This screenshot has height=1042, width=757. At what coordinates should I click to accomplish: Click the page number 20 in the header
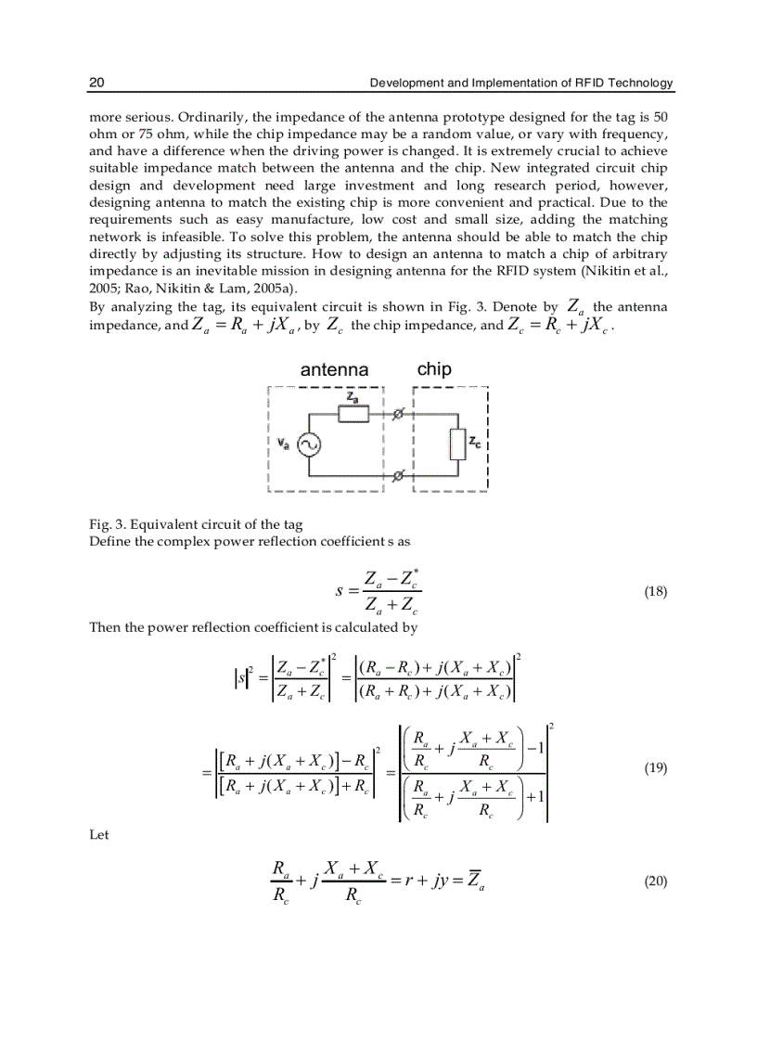pos(96,84)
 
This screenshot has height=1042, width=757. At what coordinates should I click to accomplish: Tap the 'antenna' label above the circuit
pos(334,370)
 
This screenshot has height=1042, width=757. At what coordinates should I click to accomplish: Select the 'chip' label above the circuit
pos(434,368)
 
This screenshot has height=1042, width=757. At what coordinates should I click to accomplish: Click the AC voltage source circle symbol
pos(308,444)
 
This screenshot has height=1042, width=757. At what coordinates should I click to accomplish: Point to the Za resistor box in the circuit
pos(353,414)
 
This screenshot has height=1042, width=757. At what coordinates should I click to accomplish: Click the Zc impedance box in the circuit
pos(457,444)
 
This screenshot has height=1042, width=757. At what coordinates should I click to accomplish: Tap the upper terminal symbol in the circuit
pos(398,414)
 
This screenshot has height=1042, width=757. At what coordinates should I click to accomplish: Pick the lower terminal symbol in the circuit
pos(398,475)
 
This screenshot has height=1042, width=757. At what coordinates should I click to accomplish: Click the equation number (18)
pos(655,592)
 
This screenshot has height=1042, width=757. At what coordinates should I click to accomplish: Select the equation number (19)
pos(655,768)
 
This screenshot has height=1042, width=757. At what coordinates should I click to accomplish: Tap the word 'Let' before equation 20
pos(98,835)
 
